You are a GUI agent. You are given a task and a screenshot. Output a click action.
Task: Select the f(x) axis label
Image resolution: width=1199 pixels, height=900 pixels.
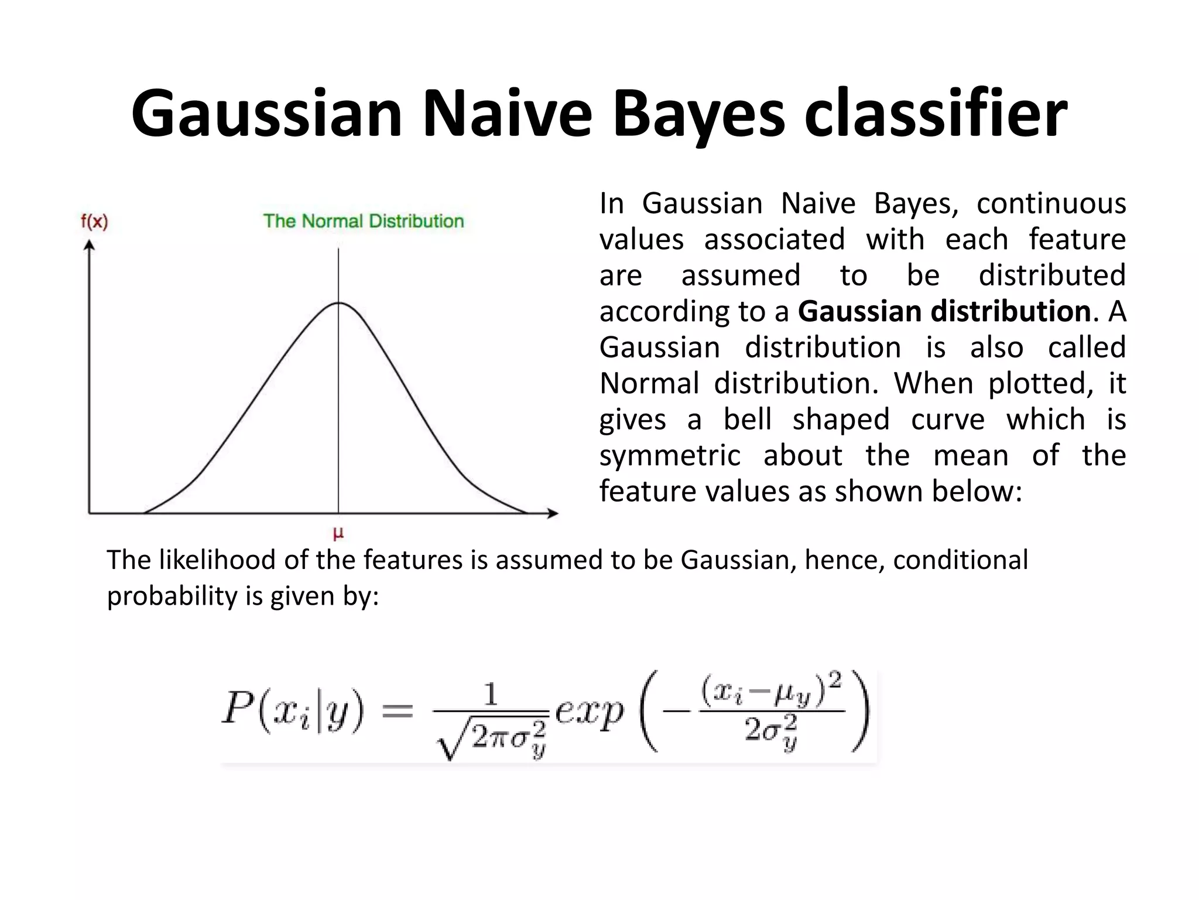coord(94,221)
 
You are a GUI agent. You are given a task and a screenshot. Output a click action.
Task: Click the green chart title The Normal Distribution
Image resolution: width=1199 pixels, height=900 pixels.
coord(363,221)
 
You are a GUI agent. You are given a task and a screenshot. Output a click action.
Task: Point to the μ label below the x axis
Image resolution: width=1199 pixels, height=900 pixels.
coord(338,533)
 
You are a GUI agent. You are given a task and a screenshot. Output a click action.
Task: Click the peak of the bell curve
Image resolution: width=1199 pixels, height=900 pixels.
coord(338,303)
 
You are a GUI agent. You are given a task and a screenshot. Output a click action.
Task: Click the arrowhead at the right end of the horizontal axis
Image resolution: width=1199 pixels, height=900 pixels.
coord(552,514)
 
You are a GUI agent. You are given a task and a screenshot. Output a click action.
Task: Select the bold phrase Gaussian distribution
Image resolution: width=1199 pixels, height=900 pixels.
coord(944,311)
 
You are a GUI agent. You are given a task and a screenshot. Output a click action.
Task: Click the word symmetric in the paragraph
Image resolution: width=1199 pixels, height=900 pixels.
coord(670,455)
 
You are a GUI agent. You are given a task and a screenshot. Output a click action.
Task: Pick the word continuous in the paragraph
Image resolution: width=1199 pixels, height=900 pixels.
coord(1051,203)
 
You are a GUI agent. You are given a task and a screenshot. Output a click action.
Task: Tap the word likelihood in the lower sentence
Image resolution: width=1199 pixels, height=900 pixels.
coord(218,560)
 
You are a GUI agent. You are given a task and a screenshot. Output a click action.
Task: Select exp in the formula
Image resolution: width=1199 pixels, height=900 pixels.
coord(588,712)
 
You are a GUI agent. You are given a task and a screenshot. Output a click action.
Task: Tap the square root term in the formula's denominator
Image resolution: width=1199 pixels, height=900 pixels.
coord(492,738)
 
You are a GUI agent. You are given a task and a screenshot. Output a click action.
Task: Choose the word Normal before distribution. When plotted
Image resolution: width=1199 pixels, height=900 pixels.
coord(649,383)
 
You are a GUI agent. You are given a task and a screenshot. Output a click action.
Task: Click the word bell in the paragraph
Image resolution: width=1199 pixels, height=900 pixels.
coord(747,420)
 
